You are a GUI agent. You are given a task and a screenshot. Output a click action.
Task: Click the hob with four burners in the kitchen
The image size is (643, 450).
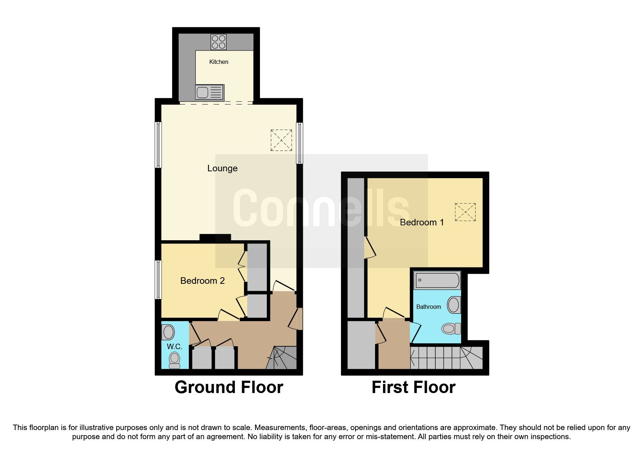click(219, 42)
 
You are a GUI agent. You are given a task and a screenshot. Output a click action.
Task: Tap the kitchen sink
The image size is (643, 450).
click(209, 92)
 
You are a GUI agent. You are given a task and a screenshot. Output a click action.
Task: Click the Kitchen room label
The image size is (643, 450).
click(219, 62)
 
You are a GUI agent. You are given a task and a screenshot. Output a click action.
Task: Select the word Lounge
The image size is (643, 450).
click(222, 168)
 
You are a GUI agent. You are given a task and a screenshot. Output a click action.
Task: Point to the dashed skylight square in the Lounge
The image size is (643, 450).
click(281, 140)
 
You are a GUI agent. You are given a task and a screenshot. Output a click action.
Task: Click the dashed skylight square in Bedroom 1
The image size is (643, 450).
click(465, 212)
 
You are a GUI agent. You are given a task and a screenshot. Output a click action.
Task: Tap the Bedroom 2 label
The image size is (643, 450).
click(202, 281)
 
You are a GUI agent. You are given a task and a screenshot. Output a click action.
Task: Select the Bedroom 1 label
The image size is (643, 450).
click(422, 222)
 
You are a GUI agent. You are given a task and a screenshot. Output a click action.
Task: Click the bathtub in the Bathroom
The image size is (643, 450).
click(437, 281)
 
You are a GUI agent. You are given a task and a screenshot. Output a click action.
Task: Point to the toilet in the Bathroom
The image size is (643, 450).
click(451, 329)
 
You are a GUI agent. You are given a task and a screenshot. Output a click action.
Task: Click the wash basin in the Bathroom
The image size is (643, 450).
click(454, 305)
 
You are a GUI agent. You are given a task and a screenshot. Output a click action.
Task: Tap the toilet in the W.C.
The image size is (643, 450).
click(175, 360)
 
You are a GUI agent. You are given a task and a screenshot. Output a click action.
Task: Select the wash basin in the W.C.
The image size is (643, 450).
click(168, 332)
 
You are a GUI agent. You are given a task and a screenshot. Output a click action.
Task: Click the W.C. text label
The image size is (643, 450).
click(174, 347)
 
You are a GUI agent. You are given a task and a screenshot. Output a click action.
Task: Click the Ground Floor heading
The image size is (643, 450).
click(229, 387)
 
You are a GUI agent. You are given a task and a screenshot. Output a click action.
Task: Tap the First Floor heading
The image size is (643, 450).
click(413, 387)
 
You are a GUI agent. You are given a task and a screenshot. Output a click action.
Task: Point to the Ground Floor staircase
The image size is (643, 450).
click(282, 358)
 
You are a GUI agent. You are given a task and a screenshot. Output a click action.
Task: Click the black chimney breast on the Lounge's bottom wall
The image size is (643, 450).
click(215, 238)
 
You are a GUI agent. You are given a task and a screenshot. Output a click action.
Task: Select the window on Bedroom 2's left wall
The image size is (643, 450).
click(158, 279)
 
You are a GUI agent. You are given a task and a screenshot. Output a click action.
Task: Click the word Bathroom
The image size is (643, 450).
click(428, 307)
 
